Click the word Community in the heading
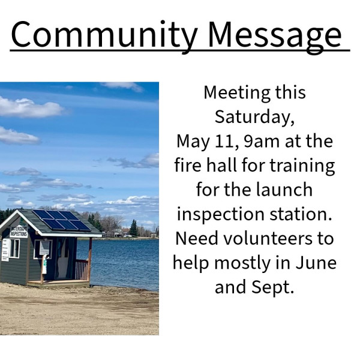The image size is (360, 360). coord(104,35)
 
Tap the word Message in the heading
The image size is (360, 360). coord(275,35)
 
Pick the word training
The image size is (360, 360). coord(302,166)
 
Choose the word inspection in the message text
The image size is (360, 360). coord(220,215)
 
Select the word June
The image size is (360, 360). coord(316,263)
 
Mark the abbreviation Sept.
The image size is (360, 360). coord(273,288)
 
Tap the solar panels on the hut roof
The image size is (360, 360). coord(62,220)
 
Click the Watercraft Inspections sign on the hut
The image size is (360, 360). coord(19,232)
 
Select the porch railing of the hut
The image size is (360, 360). coord(82,269)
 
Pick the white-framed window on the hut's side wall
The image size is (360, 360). coord(14,248)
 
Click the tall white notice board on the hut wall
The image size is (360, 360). coord(5,250)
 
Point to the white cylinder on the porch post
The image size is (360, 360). coord(44,266)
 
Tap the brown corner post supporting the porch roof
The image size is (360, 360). coord(90,259)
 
